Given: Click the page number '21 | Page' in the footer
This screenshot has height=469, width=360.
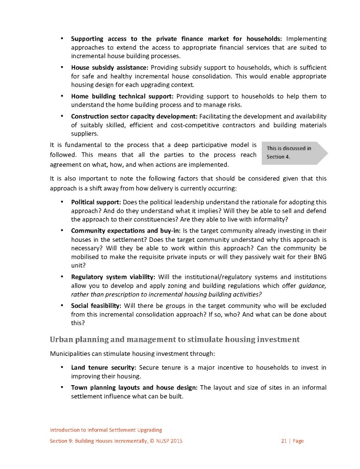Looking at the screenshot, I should [x=292, y=441].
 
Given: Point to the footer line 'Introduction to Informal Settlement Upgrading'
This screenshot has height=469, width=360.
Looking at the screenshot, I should [x=106, y=430].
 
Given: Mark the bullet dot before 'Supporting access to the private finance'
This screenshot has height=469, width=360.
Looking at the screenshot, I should [x=61, y=38].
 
